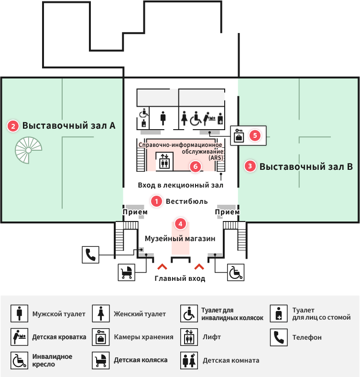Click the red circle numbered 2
click(x=13, y=126)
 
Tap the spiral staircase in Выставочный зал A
click(x=28, y=150)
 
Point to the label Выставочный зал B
click(x=306, y=166)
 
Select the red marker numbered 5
click(x=255, y=135)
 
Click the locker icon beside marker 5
click(x=239, y=135)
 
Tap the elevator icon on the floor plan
click(x=164, y=161)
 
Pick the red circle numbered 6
click(x=196, y=166)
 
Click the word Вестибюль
click(x=187, y=201)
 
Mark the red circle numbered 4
click(x=180, y=224)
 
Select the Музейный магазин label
click(x=180, y=239)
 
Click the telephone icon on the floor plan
click(x=91, y=255)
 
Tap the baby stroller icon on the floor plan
click(x=126, y=272)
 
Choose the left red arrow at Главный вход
click(x=162, y=266)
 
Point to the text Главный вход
click(x=180, y=278)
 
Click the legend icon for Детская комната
click(x=189, y=360)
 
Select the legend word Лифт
click(x=211, y=337)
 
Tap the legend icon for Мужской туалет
click(x=19, y=313)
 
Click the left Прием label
click(x=135, y=212)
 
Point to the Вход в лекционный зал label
click(x=181, y=185)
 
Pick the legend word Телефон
click(x=307, y=337)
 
